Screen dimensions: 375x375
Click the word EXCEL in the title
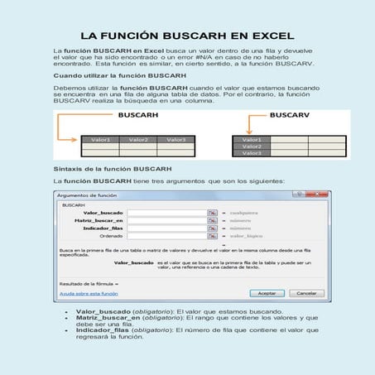click(263, 36)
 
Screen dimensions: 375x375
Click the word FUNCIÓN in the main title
click(143, 36)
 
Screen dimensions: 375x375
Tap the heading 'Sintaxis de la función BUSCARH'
click(106, 167)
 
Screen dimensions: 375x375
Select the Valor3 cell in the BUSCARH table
click(175, 140)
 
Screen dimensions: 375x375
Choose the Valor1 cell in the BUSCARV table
click(251, 138)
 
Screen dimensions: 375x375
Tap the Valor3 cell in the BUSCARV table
click(251, 153)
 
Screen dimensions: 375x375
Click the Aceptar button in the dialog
click(267, 292)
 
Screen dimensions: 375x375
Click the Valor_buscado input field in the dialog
click(166, 213)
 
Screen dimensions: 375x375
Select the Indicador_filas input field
click(166, 228)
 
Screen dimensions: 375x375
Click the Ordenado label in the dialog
click(112, 236)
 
